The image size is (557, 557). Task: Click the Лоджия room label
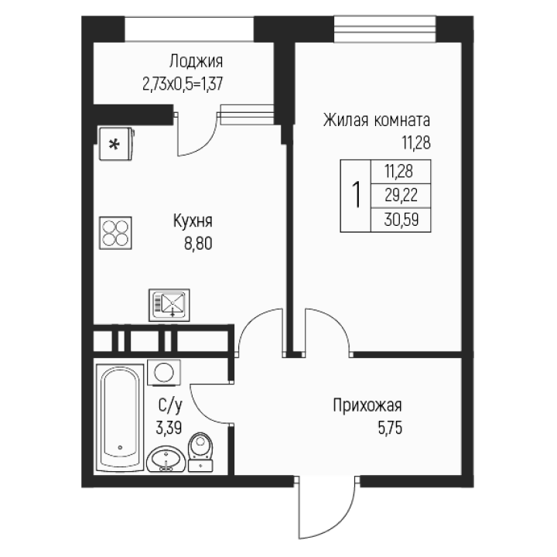pos(196,61)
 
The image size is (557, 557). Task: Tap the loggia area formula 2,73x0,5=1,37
pos(183,84)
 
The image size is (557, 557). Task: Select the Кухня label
pos(193,221)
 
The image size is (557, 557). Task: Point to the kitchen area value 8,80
pos(198,244)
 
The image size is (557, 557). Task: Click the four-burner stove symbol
pos(115,233)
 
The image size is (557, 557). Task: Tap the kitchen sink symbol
pos(169,305)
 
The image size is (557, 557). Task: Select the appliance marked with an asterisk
pos(116,144)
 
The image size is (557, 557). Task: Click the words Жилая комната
pos(377,120)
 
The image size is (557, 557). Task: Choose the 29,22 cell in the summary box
pos(401,196)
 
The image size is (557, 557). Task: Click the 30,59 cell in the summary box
pos(402,220)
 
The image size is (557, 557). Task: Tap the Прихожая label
pos(367,405)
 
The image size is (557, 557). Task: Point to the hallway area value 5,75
pos(390,428)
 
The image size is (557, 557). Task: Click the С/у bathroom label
pos(170,405)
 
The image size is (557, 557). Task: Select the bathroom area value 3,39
pos(169,428)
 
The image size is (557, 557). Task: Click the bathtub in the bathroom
pos(120,418)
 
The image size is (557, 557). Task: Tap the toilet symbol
pos(200,453)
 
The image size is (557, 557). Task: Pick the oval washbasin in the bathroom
pos(166,459)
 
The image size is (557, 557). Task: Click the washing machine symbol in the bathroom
pos(164,372)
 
